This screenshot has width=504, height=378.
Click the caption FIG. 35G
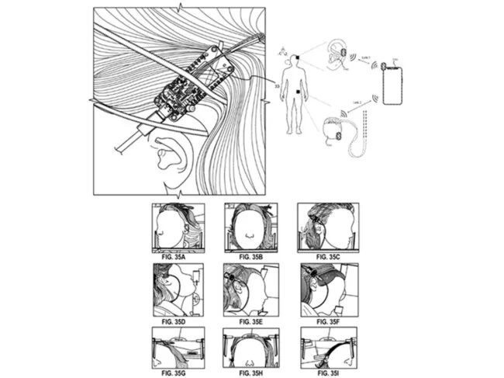click(x=176, y=373)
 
